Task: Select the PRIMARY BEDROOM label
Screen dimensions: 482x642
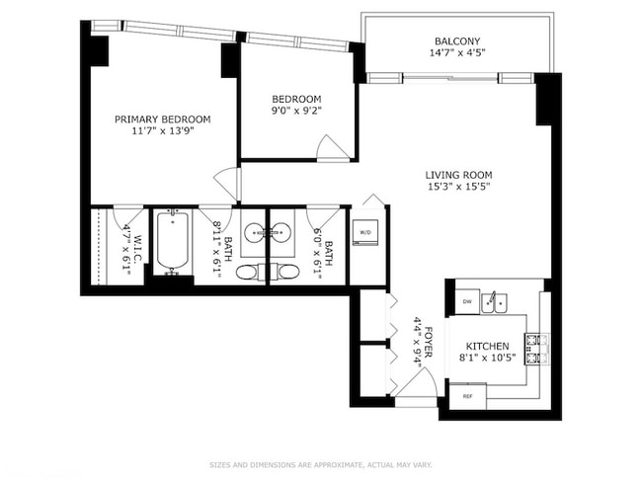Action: [162, 119]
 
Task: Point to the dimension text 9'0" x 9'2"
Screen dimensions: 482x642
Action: [296, 113]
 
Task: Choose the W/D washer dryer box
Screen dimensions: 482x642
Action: [364, 233]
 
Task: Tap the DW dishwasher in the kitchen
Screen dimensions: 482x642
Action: [468, 300]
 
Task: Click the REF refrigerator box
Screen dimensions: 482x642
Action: [467, 396]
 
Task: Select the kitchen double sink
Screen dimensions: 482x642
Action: [495, 300]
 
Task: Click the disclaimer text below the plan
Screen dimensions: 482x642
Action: [320, 464]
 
